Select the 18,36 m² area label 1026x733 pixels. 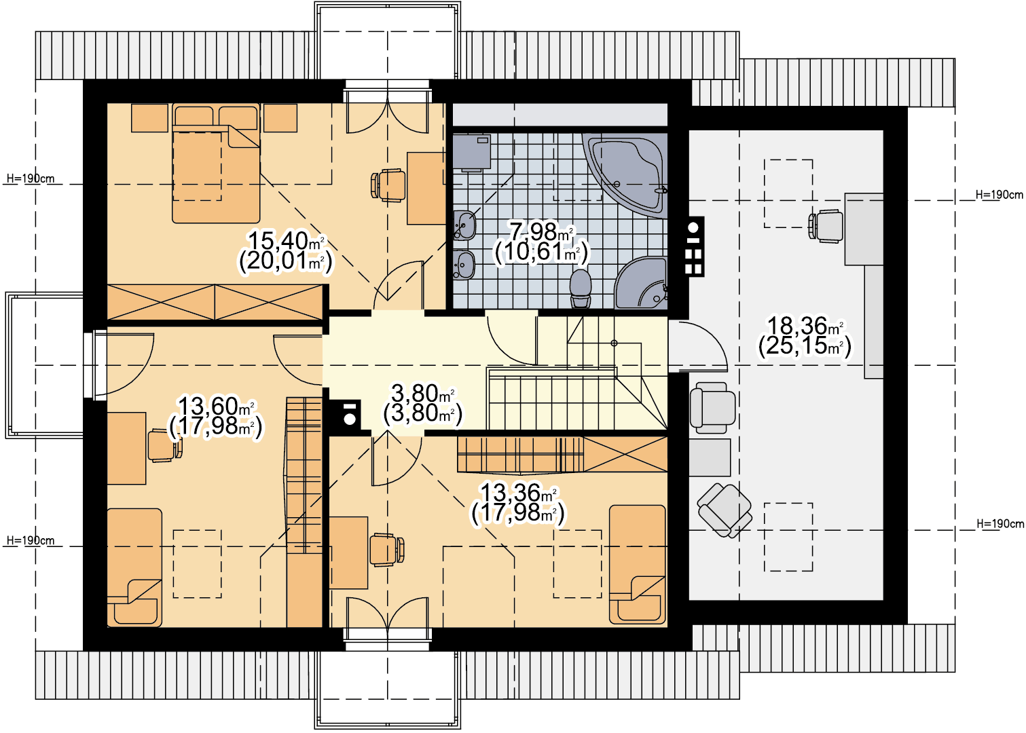click(x=805, y=326)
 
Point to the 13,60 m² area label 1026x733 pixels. click(x=216, y=406)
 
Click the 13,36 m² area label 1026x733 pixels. click(x=518, y=493)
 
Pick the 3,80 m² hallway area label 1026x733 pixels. click(x=422, y=393)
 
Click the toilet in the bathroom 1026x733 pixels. click(x=581, y=288)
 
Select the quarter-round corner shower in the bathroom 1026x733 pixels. click(x=641, y=282)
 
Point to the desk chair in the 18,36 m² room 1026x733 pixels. click(x=826, y=226)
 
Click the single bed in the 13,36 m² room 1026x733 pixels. click(x=637, y=565)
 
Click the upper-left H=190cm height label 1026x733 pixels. click(x=31, y=178)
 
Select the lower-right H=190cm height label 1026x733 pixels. click(x=1000, y=524)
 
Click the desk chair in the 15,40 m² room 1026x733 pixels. click(x=388, y=185)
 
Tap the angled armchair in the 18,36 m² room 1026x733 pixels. click(x=724, y=510)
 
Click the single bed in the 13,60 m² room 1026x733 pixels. click(x=134, y=567)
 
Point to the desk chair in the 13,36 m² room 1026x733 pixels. click(x=387, y=549)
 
